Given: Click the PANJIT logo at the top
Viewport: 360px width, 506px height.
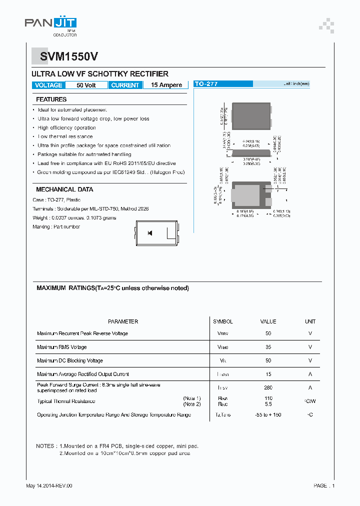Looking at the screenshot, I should (50, 24).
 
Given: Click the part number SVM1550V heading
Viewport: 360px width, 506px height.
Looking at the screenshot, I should (65, 57).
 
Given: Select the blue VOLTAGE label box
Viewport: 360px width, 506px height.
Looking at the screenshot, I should (48, 85).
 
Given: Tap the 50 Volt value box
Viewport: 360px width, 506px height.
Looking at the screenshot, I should (86, 85).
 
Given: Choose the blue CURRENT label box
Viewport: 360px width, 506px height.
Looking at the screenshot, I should (125, 85).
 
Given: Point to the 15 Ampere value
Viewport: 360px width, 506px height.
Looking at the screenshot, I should (166, 85).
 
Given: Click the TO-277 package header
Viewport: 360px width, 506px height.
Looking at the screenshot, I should (206, 84).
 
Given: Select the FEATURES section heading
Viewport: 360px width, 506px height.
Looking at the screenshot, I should (51, 99).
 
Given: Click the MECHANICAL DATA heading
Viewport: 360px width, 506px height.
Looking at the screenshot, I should (64, 189).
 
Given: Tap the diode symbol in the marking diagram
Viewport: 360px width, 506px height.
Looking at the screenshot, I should (149, 233).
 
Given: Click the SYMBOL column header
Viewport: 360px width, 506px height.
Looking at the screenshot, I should (222, 321).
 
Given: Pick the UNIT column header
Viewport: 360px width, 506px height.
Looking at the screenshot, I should (310, 321).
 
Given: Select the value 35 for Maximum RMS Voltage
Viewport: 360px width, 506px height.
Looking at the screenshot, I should (268, 347).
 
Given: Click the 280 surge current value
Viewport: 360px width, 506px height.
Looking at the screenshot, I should (268, 387).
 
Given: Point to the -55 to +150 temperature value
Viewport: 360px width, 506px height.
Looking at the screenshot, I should (268, 415).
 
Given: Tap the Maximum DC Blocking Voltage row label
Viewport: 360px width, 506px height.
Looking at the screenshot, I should (70, 360).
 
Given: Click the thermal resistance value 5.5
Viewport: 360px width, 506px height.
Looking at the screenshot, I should (268, 404).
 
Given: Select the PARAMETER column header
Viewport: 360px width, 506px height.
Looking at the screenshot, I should (123, 321).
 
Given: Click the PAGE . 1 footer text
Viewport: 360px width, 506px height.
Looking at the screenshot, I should (324, 485).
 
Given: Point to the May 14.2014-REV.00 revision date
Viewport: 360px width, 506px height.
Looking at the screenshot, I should (49, 485).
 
